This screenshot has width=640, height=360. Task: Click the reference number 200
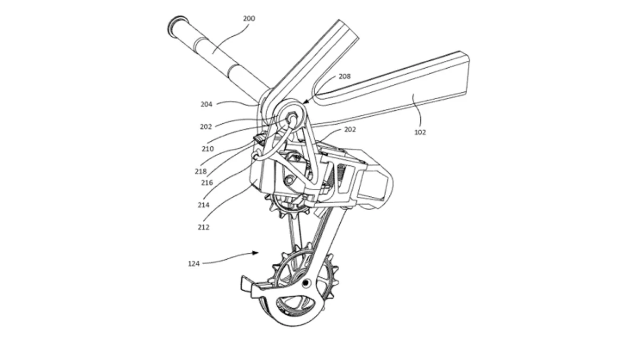(249, 19)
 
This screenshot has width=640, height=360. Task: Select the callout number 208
(345, 76)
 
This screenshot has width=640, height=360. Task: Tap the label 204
(206, 105)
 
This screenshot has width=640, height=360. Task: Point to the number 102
(420, 132)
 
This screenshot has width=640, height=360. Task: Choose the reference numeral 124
(194, 263)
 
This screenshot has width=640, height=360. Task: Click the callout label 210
(207, 149)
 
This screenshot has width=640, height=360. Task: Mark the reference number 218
(201, 171)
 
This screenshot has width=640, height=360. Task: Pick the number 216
(207, 182)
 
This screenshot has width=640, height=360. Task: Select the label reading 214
(203, 205)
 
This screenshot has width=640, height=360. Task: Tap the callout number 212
(203, 227)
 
